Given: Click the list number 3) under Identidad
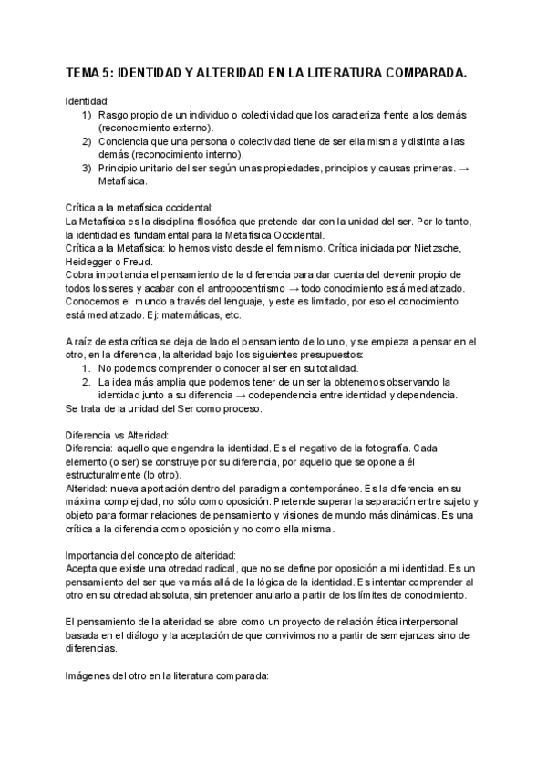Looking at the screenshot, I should click(87, 169).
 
